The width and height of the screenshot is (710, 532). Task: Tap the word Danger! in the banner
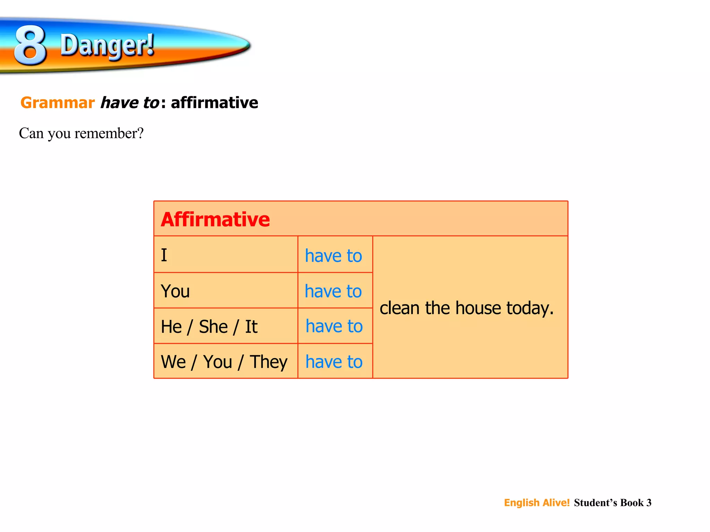pyautogui.click(x=107, y=45)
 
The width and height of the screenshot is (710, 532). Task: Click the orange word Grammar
pyautogui.click(x=58, y=103)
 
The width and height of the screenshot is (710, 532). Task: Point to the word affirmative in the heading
pyautogui.click(x=215, y=103)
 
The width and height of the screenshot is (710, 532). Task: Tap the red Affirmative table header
pyautogui.click(x=215, y=220)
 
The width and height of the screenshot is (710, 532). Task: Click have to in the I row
pyautogui.click(x=334, y=256)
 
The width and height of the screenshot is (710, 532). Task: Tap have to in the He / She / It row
pyautogui.click(x=334, y=326)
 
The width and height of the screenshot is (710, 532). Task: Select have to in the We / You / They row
pyautogui.click(x=334, y=362)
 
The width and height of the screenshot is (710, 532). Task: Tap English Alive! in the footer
pyautogui.click(x=537, y=503)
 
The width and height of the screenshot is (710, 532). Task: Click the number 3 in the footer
pyautogui.click(x=649, y=503)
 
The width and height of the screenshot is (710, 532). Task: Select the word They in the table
pyautogui.click(x=269, y=362)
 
